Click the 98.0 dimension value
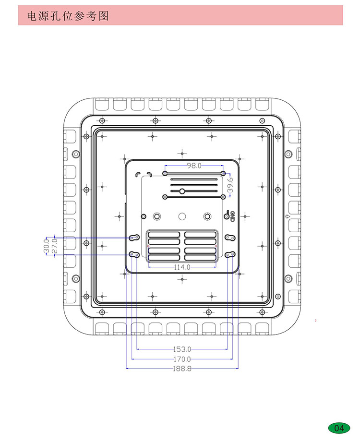tap(194, 166)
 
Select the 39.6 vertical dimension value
tap(230, 185)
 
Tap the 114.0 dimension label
tap(182, 267)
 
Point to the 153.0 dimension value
tap(182, 349)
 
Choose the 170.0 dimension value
tap(182, 359)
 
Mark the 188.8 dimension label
tap(182, 369)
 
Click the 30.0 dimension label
tap(47, 246)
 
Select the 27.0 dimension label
tap(55, 246)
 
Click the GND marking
tap(232, 216)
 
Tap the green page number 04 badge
tap(339, 428)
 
